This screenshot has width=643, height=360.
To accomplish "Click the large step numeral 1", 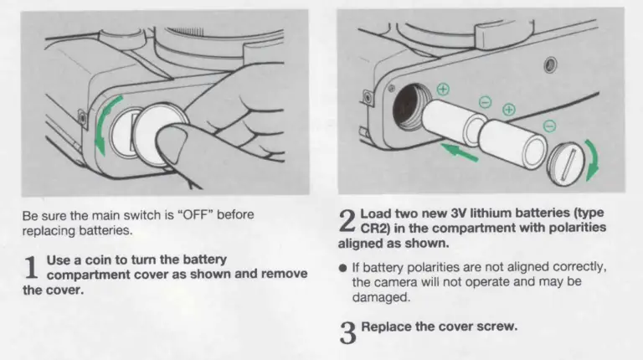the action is [31, 267].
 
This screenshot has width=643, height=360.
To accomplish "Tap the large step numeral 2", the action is [347, 221].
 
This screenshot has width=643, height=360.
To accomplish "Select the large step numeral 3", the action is [347, 332].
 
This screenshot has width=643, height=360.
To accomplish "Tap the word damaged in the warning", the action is [381, 297].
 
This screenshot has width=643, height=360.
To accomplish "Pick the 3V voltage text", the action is [458, 213].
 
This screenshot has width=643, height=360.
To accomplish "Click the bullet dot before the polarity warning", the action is [342, 268].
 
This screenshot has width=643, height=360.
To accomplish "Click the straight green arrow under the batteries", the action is [460, 152].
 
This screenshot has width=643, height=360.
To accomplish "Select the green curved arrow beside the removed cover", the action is [594, 159].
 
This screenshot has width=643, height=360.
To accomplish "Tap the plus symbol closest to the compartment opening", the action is [443, 90].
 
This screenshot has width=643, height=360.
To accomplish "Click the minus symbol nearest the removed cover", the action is [549, 126].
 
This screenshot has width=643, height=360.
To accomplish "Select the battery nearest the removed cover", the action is [512, 143].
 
